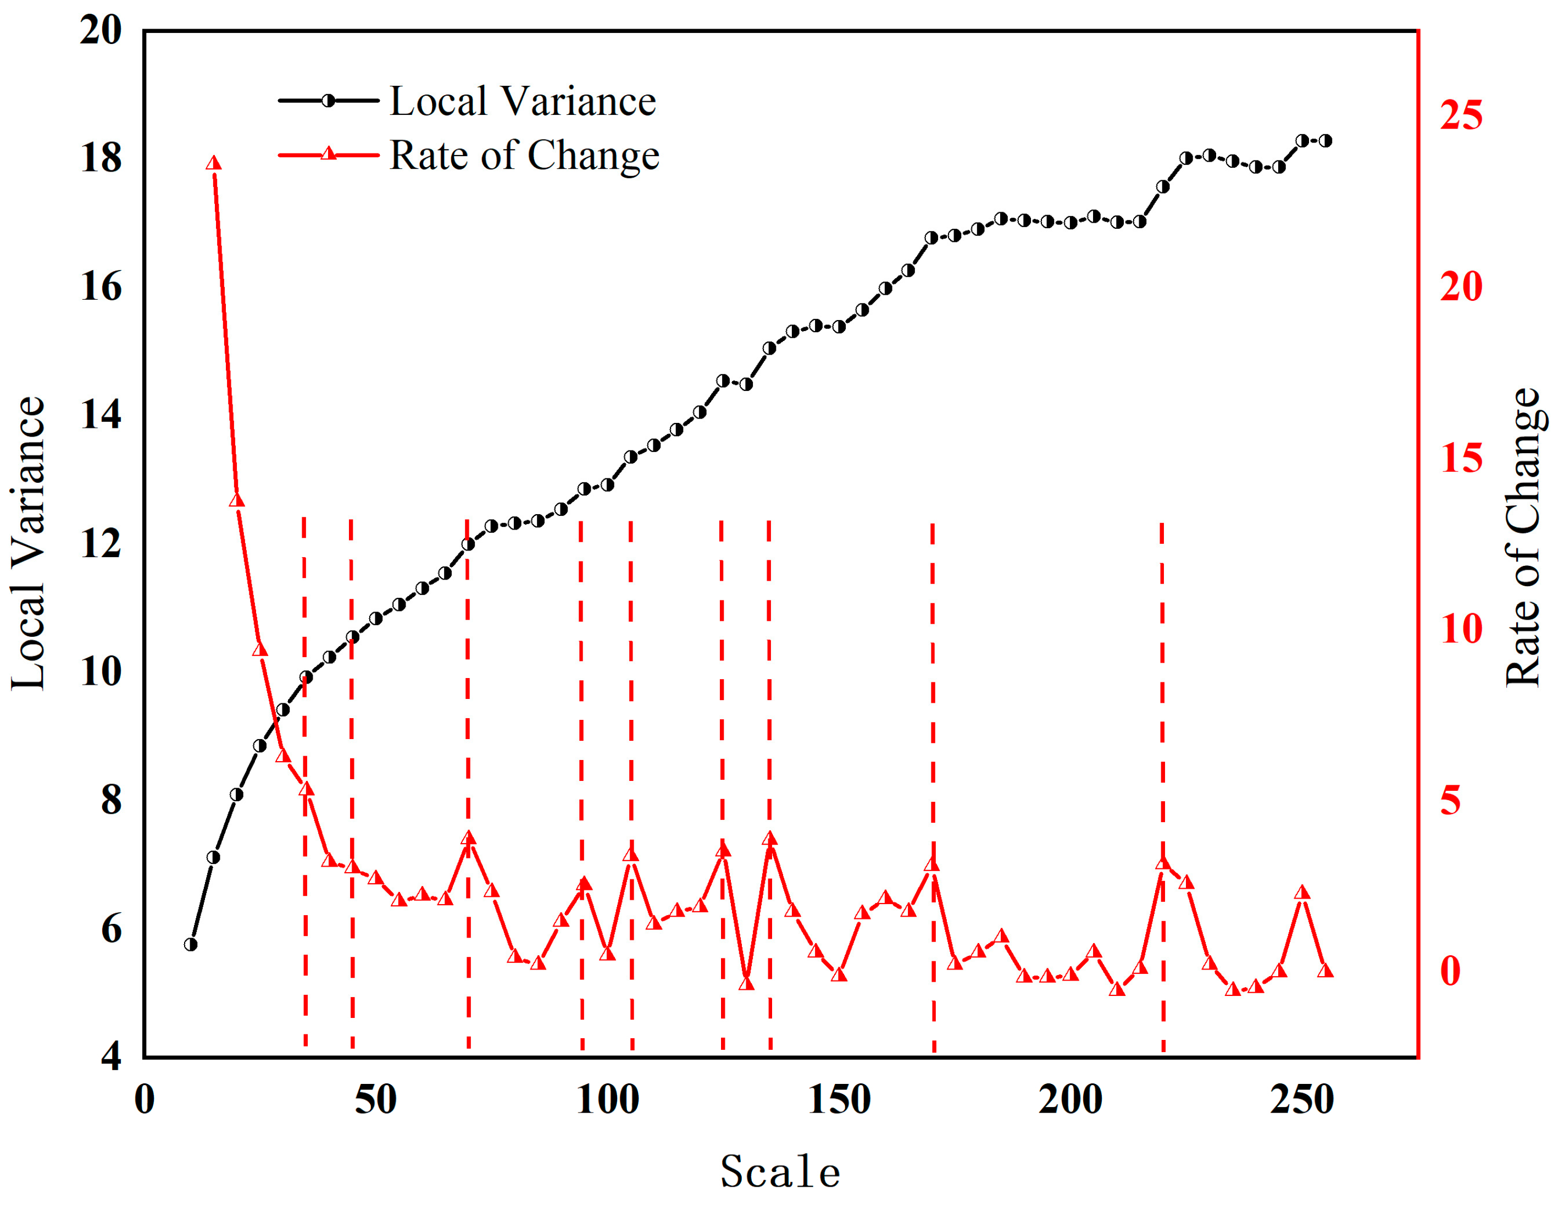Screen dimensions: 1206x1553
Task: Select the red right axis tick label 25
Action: pos(1461,115)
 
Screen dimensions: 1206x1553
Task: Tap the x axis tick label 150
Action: pos(839,1100)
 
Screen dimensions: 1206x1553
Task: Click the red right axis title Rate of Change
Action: pos(1523,538)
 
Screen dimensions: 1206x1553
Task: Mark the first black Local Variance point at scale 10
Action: pos(191,945)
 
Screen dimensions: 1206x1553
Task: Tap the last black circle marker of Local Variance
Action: pos(1325,141)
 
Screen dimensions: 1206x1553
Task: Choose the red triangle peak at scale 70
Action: pos(468,838)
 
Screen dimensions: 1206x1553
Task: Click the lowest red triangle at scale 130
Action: pos(746,983)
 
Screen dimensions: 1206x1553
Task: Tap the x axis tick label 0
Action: pos(145,1100)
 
